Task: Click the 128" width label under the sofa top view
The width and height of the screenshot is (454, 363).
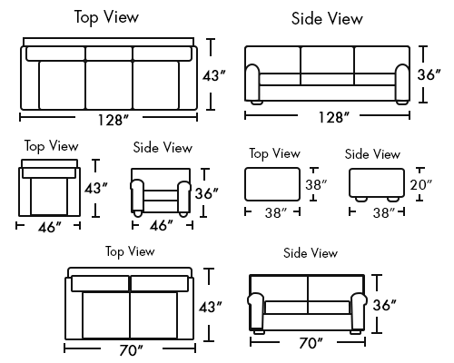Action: (x=113, y=120)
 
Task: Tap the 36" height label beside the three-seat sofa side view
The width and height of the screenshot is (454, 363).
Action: (x=429, y=74)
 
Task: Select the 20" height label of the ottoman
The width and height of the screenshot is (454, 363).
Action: (x=421, y=184)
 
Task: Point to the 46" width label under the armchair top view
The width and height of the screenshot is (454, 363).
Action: (x=49, y=227)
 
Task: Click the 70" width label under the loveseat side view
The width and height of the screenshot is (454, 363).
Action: (x=311, y=343)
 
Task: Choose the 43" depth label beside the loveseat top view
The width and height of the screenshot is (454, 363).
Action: (x=211, y=308)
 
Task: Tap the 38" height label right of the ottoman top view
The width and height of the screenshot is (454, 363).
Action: (x=316, y=184)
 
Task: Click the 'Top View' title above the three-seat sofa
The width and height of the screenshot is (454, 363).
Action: (x=106, y=17)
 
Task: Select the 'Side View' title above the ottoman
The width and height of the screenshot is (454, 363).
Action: (x=372, y=154)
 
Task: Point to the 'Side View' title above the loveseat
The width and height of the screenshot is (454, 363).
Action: (x=311, y=253)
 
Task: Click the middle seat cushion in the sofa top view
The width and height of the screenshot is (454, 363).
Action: (x=109, y=84)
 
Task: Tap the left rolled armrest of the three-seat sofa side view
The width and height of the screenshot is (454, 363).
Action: (x=252, y=83)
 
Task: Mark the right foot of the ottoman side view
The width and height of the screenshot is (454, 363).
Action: (x=393, y=199)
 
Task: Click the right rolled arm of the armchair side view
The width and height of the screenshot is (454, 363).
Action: (x=183, y=196)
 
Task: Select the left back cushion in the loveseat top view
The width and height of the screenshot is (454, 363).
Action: (x=100, y=284)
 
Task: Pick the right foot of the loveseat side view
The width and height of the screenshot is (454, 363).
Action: (x=355, y=332)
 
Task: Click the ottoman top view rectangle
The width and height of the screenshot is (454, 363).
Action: (x=272, y=184)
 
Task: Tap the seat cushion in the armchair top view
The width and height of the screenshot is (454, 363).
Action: (x=49, y=197)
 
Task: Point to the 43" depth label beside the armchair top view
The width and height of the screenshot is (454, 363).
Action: (x=96, y=189)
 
